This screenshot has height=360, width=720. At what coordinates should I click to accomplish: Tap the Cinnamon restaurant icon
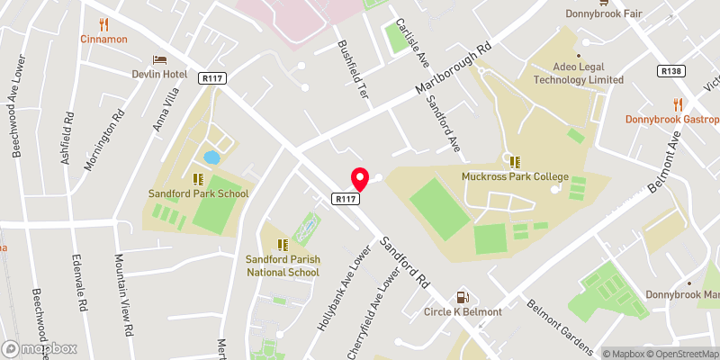(103, 24)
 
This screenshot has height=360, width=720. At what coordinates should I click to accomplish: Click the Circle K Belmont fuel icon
(463, 297)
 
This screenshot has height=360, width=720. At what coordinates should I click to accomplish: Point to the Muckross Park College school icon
(515, 162)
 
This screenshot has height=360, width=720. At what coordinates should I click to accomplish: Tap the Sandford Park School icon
(198, 178)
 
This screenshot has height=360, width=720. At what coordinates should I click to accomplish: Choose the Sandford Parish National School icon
(283, 244)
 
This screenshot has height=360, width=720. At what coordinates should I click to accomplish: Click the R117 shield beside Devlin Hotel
(212, 78)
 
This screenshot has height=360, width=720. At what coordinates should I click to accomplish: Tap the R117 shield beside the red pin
(348, 198)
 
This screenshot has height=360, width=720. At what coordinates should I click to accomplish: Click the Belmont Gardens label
(560, 328)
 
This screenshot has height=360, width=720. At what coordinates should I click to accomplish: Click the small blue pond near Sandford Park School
(211, 157)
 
